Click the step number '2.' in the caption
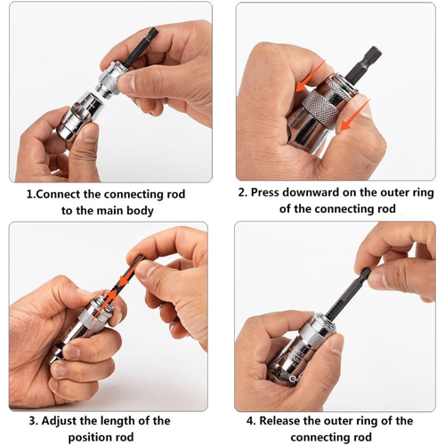tap(243, 191)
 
